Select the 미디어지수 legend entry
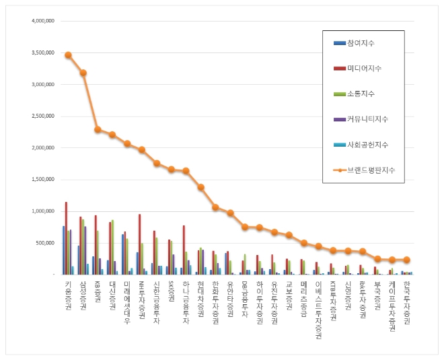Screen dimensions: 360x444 tap(363, 69)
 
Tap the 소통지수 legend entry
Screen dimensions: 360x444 tap(361, 94)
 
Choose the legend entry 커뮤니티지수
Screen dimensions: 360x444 tap(367, 119)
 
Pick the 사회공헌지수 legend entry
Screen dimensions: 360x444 tap(367, 145)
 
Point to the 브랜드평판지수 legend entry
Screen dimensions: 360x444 tap(369, 170)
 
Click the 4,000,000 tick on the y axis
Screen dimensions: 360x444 tap(42, 21)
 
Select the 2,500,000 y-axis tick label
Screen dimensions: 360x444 tap(42, 116)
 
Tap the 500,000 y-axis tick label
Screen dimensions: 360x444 tap(45, 243)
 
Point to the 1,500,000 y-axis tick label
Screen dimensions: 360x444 tap(42, 180)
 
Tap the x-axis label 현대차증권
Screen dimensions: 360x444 tap(200, 297)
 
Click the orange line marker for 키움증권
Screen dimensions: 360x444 tap(68, 55)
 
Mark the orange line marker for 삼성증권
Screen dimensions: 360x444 tap(83, 73)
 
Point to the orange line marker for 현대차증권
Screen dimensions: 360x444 tap(200, 187)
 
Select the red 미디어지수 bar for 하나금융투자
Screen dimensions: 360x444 tap(184, 250)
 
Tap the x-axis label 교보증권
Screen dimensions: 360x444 tap(289, 293)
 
